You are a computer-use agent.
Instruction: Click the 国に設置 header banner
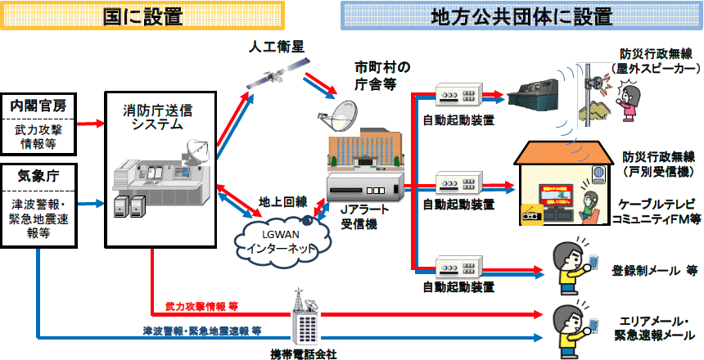click(x=142, y=16)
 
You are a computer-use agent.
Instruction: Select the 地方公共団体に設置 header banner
click(x=521, y=16)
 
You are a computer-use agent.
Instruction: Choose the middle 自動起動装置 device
click(x=459, y=182)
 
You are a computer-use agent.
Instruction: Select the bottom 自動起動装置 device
click(x=459, y=267)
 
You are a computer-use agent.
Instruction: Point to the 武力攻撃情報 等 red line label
click(x=201, y=306)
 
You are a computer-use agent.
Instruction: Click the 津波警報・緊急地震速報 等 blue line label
click(x=201, y=331)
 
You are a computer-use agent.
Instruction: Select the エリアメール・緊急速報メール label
click(x=654, y=329)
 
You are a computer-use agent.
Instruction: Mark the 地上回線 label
click(x=282, y=201)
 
